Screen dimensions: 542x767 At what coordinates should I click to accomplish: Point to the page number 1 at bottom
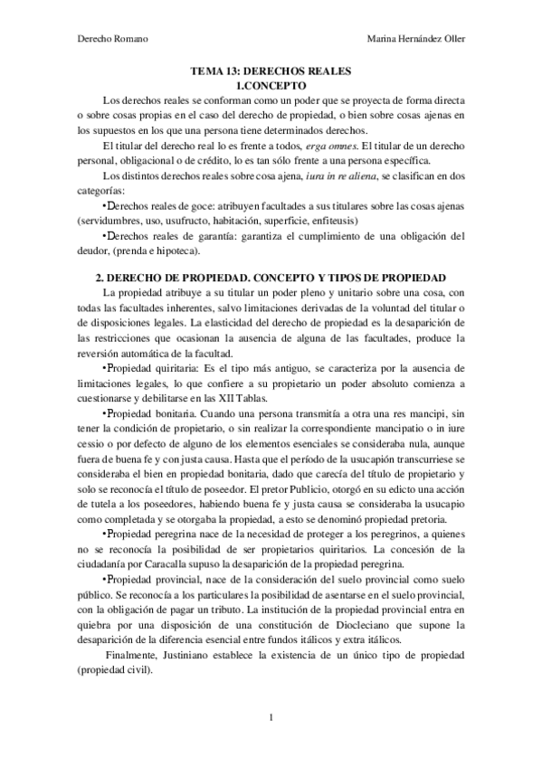(271, 718)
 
